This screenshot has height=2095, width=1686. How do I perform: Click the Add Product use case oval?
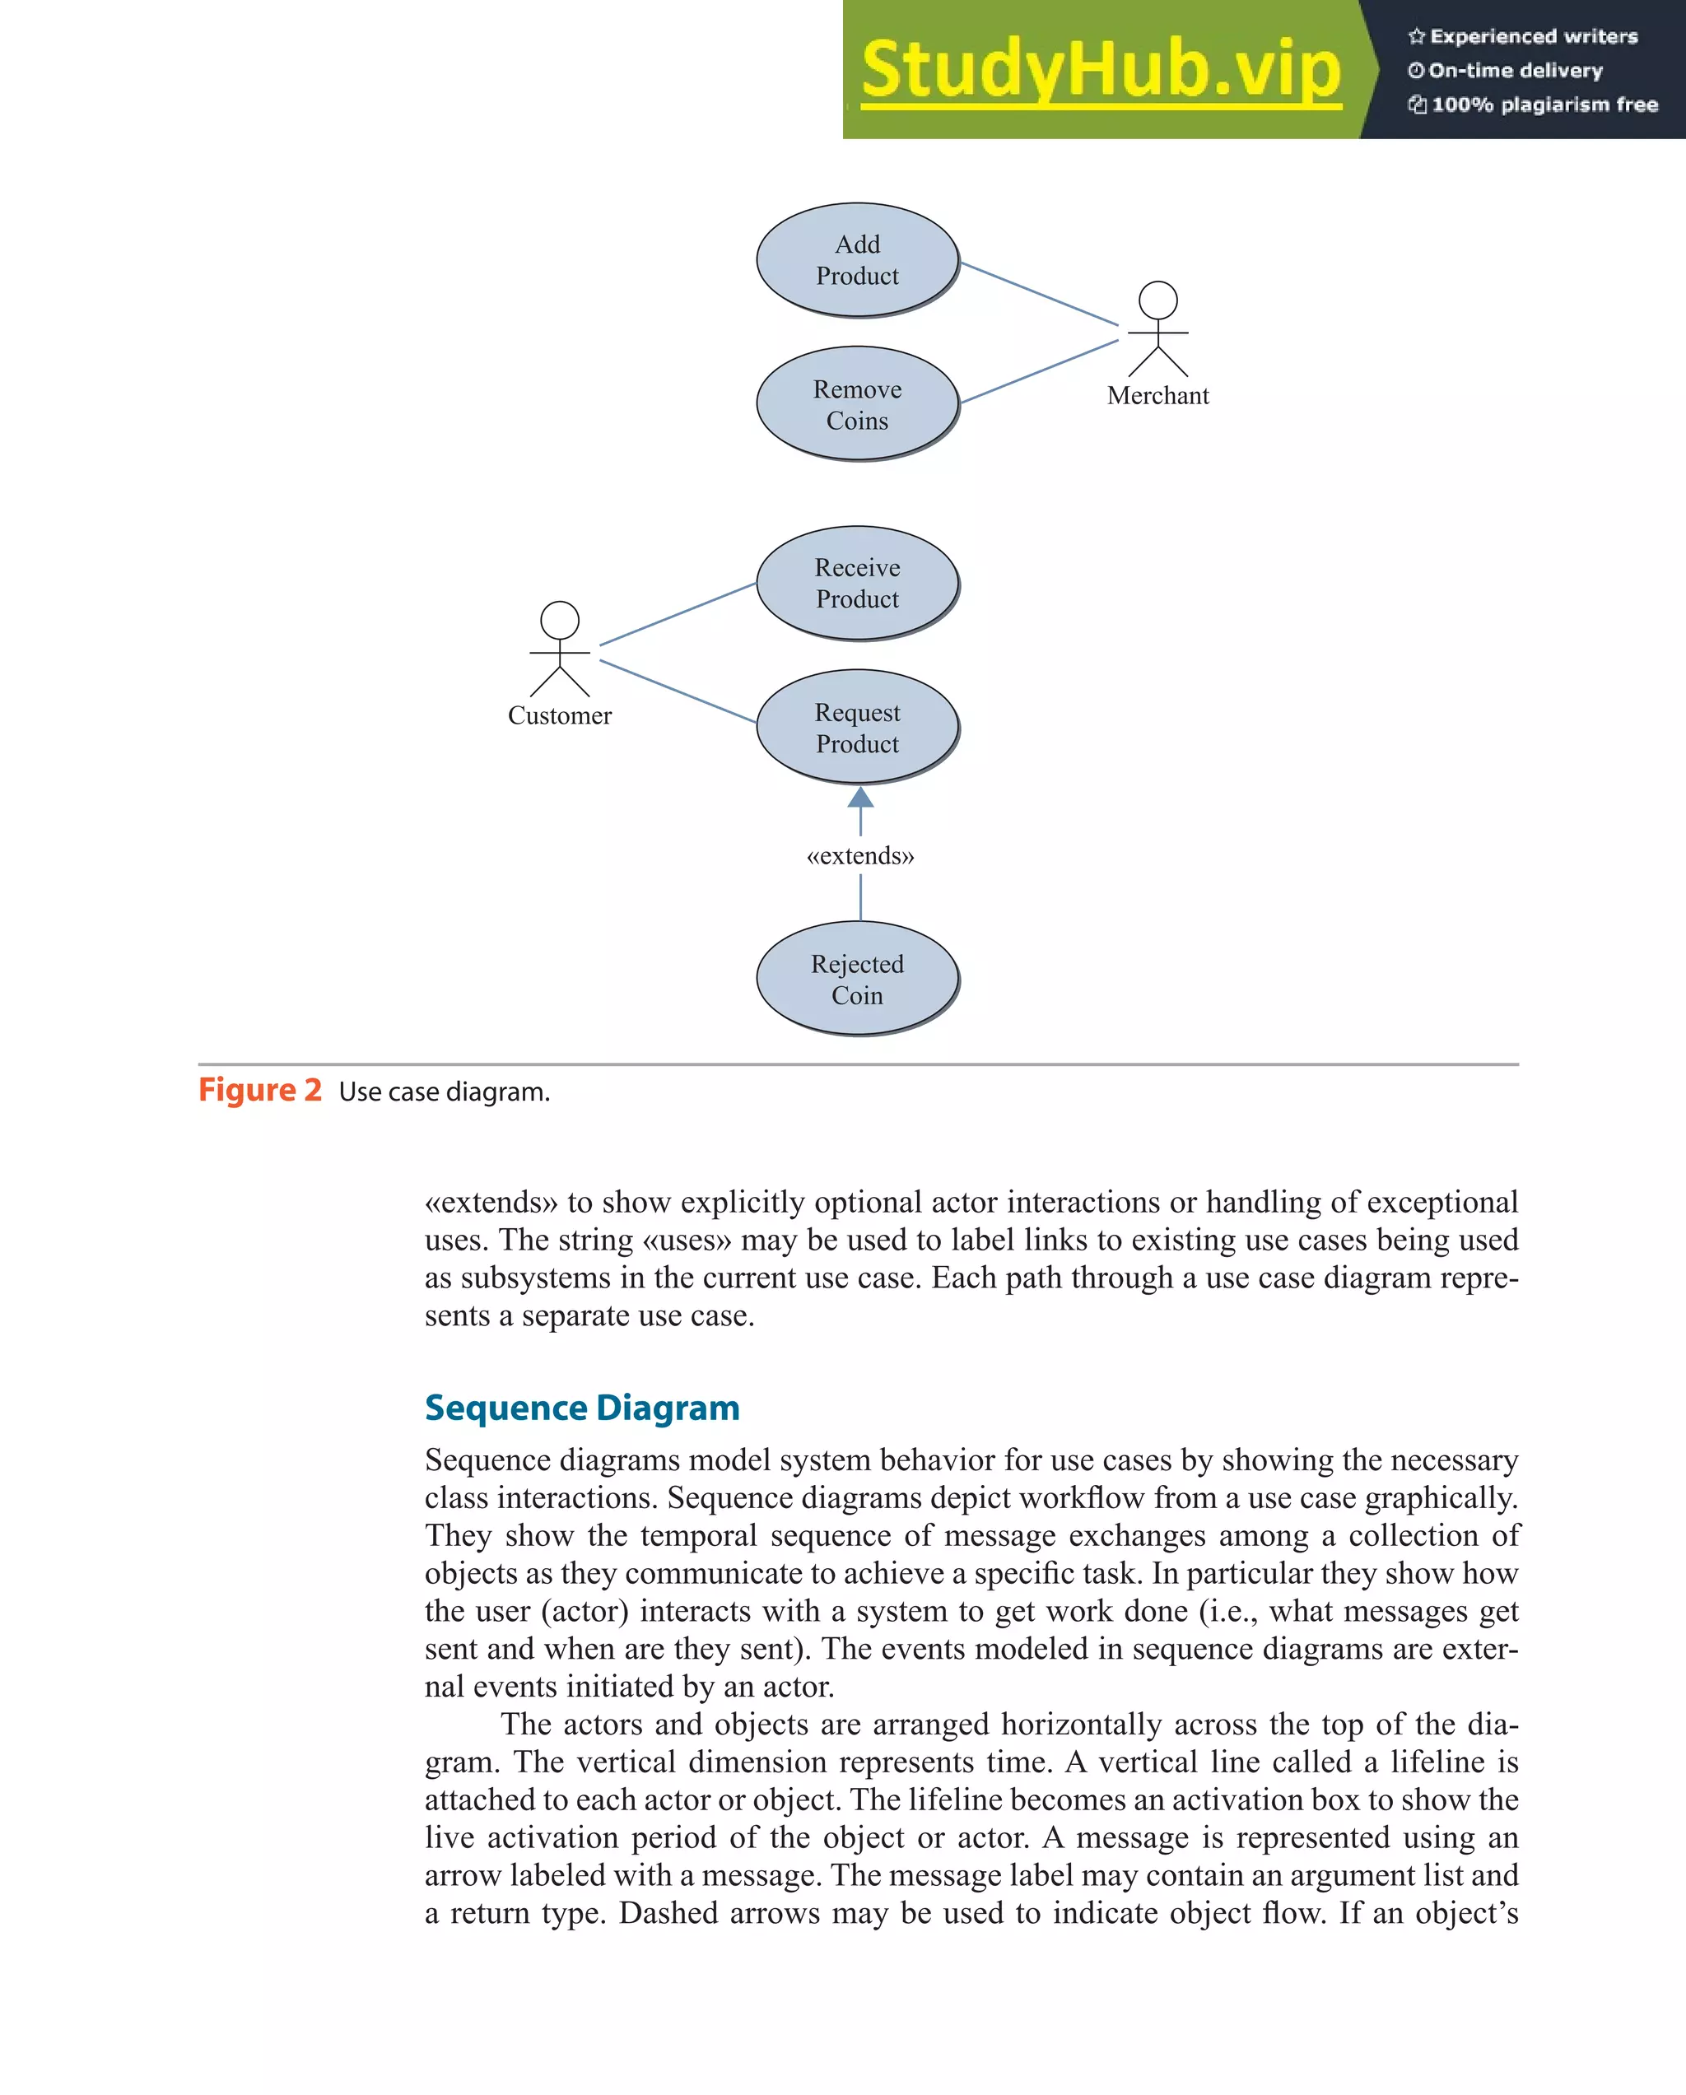pyautogui.click(x=857, y=259)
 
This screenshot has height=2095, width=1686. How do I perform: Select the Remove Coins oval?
pyautogui.click(x=857, y=404)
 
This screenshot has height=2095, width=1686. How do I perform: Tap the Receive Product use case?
pyautogui.click(x=857, y=583)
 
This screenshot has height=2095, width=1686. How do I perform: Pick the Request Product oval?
pyautogui.click(x=857, y=728)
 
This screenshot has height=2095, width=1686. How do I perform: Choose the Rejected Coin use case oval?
pyautogui.click(x=857, y=979)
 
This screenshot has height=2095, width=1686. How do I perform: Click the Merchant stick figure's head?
pyautogui.click(x=1157, y=300)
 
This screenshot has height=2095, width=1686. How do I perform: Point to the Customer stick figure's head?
pyautogui.click(x=560, y=620)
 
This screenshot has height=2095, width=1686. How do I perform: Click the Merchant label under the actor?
pyautogui.click(x=1157, y=395)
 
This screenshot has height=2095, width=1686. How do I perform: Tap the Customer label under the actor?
pyautogui.click(x=560, y=715)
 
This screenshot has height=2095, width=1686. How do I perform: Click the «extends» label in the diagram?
pyautogui.click(x=860, y=856)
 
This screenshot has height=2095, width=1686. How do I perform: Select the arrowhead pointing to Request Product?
pyautogui.click(x=860, y=798)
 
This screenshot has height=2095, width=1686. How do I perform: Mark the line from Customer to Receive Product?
pyautogui.click(x=678, y=614)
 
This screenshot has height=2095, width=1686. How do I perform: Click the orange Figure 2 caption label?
pyautogui.click(x=259, y=1090)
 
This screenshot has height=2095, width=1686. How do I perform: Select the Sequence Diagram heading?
pyautogui.click(x=582, y=1407)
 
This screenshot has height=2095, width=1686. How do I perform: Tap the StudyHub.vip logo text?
pyautogui.click(x=1101, y=69)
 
